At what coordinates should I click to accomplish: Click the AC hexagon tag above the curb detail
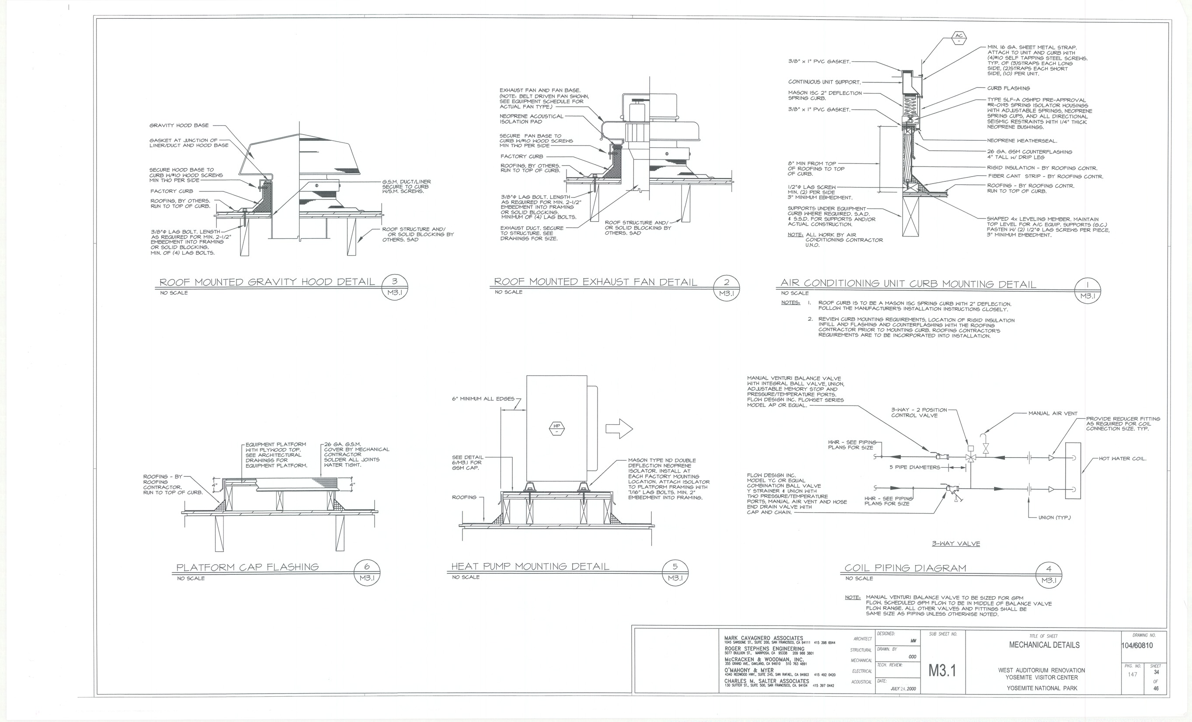(958, 38)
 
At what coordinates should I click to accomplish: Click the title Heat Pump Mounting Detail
(530, 566)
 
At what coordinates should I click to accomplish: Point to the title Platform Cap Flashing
(247, 567)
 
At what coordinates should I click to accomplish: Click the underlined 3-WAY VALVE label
(956, 544)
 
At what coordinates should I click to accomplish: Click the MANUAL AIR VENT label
(1053, 413)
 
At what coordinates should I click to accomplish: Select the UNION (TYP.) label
(1055, 517)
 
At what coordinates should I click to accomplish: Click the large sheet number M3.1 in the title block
(942, 671)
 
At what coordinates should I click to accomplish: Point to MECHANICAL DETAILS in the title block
(1044, 645)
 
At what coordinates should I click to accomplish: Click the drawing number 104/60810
(1137, 646)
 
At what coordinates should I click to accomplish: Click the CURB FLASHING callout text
(1009, 88)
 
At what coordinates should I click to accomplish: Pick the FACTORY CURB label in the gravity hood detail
(172, 191)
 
